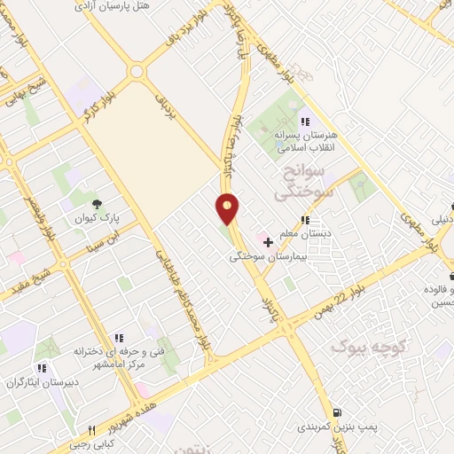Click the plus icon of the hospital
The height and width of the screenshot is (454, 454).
pyautogui.click(x=268, y=241)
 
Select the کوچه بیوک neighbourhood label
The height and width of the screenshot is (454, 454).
pyautogui.click(x=363, y=345)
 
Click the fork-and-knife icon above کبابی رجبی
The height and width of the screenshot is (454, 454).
pyautogui.click(x=91, y=430)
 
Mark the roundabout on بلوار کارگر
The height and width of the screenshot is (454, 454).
pyautogui.click(x=136, y=71)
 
